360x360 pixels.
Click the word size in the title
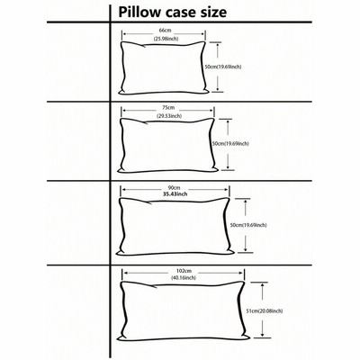coord(212,13)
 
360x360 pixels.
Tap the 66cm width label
coord(165,31)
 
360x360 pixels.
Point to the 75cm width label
coord(168,107)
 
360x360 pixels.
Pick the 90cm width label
coord(172,188)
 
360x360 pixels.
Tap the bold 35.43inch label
coord(175,194)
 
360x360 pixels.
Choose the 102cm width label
coord(184,271)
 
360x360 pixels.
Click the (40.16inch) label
coord(184,278)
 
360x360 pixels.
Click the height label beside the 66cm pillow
coord(223,67)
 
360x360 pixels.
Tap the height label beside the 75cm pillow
coord(230,144)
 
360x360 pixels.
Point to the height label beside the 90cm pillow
coord(248,225)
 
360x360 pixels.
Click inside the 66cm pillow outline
coord(164,68)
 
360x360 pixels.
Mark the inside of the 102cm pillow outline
coord(183,311)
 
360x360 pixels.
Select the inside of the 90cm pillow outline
coord(175,227)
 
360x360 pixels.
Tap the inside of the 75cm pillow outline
coord(167,145)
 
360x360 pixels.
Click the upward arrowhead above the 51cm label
coord(263,286)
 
